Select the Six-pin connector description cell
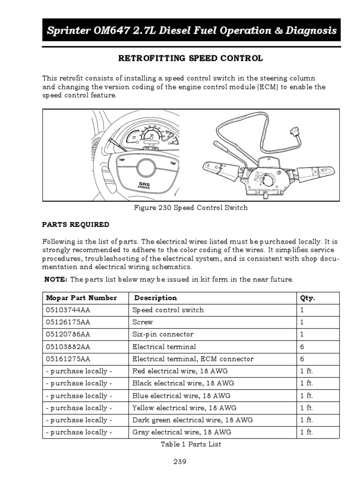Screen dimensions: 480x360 (x=163, y=334)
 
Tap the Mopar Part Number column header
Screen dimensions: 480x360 (x=81, y=298)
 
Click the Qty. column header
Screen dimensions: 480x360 (x=307, y=298)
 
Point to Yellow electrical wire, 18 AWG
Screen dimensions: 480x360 (x=184, y=408)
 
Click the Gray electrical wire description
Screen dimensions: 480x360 (x=181, y=432)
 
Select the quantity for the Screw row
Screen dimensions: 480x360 (x=302, y=322)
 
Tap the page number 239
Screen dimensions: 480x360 (x=180, y=461)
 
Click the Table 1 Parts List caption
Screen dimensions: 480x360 (x=191, y=444)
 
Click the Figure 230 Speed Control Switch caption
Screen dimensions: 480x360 (x=191, y=208)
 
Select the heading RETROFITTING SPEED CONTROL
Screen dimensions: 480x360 (x=191, y=59)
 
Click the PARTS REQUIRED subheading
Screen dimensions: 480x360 (x=75, y=225)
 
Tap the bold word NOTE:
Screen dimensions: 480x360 (x=56, y=279)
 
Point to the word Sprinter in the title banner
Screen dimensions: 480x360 (x=67, y=31)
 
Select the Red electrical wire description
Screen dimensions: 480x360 (x=179, y=371)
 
